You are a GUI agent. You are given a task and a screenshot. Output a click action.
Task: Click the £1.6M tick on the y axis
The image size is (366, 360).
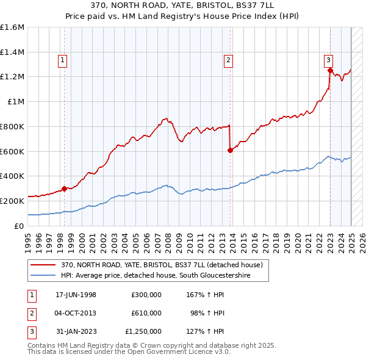point(12,27)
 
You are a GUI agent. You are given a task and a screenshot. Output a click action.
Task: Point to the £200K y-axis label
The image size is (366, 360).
point(12,201)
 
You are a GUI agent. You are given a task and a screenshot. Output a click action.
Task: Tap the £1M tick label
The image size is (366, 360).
point(16,102)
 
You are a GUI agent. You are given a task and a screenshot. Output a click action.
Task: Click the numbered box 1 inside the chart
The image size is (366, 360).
point(63,60)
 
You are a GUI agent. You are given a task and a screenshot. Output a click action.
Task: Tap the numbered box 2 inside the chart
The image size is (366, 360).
point(228,60)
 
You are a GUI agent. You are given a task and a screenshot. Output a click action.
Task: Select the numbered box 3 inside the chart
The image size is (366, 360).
point(328,60)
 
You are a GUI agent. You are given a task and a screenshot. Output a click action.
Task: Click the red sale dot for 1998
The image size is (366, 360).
point(64,189)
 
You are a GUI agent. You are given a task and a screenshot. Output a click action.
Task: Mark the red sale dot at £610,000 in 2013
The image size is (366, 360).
point(230,150)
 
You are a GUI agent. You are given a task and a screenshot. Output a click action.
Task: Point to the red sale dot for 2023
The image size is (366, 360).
point(330,71)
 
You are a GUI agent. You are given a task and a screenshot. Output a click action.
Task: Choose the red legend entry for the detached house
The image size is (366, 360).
point(161,265)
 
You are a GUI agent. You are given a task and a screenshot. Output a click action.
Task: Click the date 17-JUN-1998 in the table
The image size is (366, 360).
point(76,295)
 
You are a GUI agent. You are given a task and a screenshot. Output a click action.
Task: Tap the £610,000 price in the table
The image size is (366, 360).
point(146,313)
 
